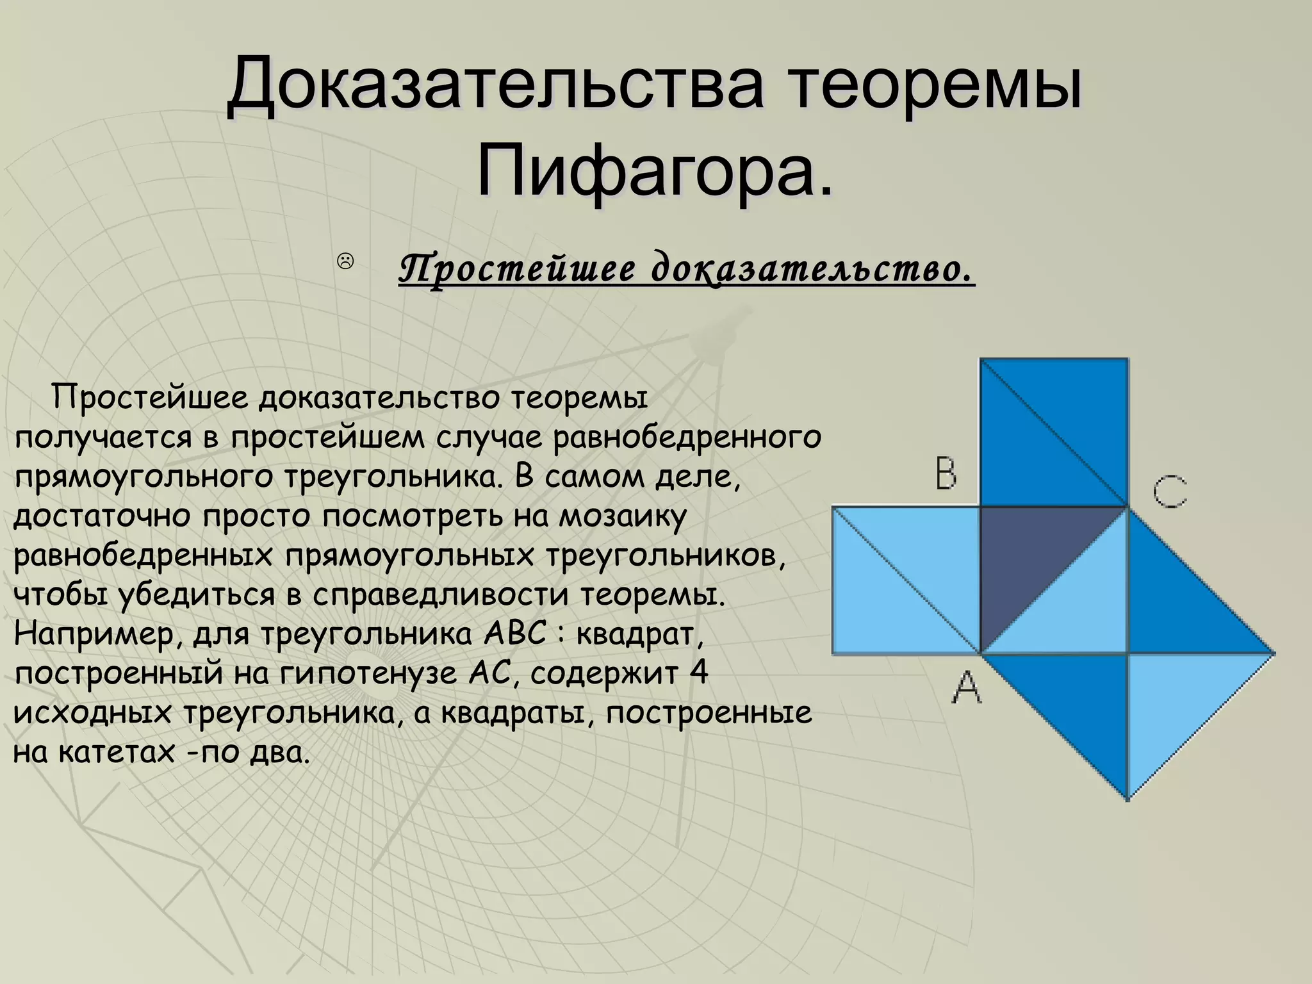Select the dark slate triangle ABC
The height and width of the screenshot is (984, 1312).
coord(1025,557)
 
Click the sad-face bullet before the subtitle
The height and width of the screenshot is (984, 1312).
coord(345,261)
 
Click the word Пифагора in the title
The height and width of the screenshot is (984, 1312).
coord(655,170)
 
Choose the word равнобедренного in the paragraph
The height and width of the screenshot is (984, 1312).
coord(686,438)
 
